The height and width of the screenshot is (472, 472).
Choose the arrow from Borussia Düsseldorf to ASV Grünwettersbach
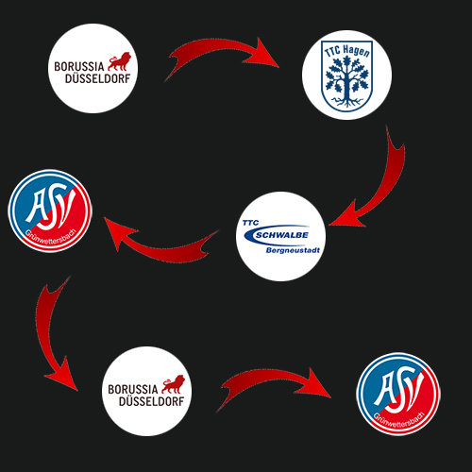click(271, 379)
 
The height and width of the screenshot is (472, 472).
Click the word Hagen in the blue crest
click(356, 51)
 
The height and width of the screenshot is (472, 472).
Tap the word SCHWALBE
click(282, 235)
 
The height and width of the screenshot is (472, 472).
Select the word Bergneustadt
click(293, 250)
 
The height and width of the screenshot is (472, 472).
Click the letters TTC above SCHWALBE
click(250, 223)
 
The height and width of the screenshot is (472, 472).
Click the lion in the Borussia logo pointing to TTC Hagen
click(119, 61)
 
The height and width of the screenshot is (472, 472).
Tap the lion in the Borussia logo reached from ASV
click(173, 384)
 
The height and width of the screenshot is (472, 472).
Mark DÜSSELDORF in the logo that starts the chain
click(97, 78)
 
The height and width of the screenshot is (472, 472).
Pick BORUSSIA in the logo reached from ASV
click(132, 390)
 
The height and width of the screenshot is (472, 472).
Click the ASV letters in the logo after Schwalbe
click(51, 206)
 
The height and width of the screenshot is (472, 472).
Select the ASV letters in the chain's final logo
click(399, 390)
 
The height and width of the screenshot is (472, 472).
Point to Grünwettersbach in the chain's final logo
click(399, 420)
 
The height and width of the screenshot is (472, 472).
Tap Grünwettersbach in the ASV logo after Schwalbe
click(51, 237)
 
